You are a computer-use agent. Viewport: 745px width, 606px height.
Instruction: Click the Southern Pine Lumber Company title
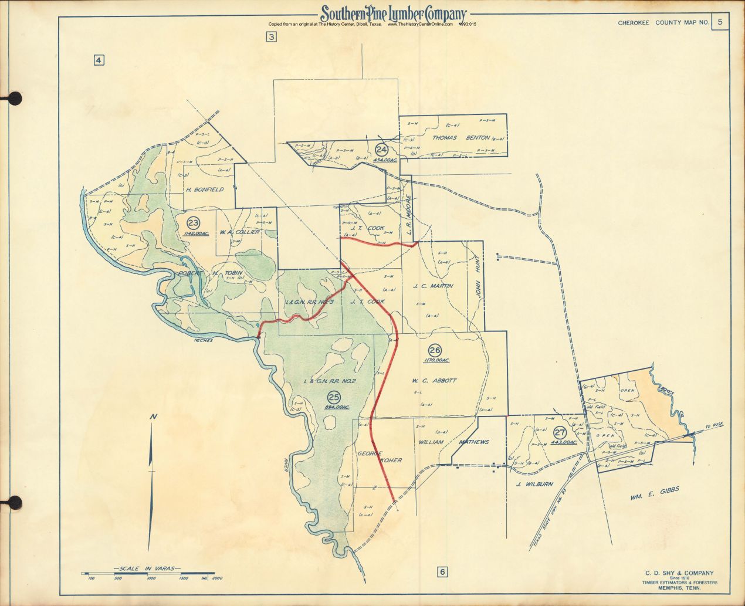tap(392, 14)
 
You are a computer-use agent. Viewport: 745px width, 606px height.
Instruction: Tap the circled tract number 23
tap(193, 222)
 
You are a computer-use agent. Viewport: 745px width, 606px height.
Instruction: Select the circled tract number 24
tap(381, 150)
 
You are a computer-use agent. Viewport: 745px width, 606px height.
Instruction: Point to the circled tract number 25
tap(334, 396)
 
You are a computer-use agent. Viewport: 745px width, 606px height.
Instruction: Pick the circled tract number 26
tap(435, 350)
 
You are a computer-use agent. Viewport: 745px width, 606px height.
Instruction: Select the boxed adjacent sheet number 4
tap(98, 59)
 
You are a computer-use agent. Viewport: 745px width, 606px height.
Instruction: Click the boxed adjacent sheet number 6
tap(442, 573)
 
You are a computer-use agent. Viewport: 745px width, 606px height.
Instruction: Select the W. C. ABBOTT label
tap(435, 380)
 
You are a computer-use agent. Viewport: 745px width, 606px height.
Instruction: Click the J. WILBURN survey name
tap(534, 484)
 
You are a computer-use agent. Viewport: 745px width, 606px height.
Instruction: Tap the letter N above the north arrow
tap(153, 417)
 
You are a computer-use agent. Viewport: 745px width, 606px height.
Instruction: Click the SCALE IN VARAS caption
tap(147, 569)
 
